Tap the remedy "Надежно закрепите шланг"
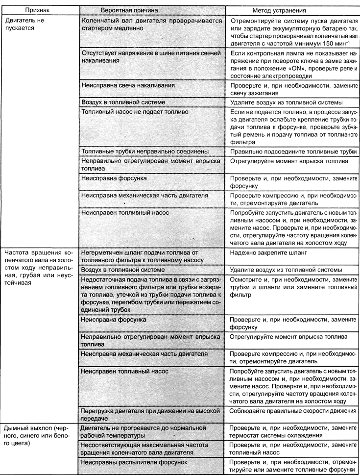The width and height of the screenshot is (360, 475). click(263, 252)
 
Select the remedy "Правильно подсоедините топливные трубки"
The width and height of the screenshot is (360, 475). click(292, 151)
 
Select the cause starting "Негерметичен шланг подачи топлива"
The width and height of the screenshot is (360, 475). click(142, 252)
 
